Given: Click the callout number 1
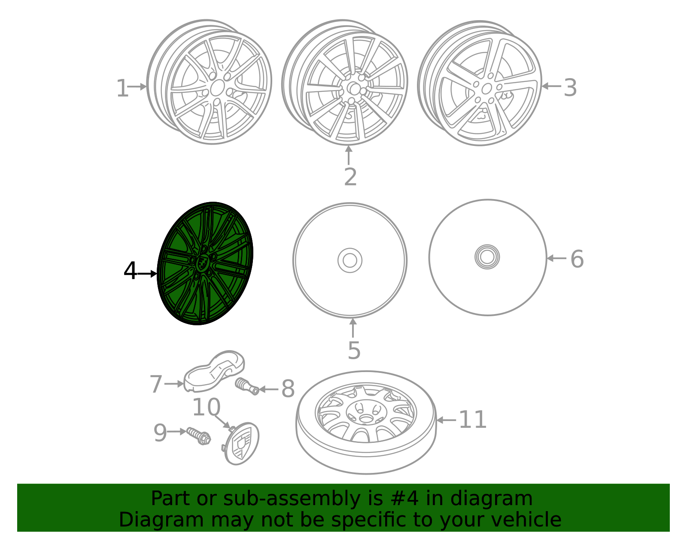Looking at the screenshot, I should (x=122, y=88).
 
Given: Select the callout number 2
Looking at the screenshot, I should (x=350, y=177).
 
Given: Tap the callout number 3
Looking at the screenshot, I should (x=570, y=88).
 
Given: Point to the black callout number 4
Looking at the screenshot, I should (x=130, y=271).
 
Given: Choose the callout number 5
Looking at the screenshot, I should (x=354, y=351).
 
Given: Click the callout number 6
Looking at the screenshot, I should (x=577, y=259).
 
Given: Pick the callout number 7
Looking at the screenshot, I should (x=156, y=384).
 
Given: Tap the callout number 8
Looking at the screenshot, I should (x=288, y=389).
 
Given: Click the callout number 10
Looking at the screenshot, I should (x=206, y=407).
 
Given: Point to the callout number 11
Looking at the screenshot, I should (x=472, y=420).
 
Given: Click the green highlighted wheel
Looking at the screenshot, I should (x=205, y=263).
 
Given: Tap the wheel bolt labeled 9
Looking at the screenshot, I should (x=199, y=436).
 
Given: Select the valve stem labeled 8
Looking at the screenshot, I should (x=247, y=385).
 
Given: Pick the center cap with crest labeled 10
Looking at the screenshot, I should (x=242, y=444).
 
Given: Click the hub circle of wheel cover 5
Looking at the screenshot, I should (x=350, y=260).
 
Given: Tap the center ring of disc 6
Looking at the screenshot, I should (x=487, y=257).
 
